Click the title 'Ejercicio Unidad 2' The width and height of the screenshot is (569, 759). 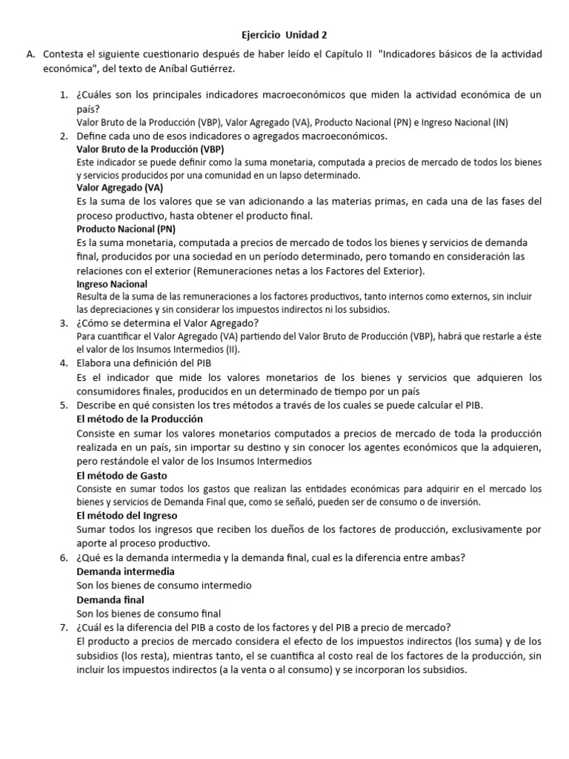(284, 34)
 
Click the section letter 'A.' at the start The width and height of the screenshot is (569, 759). (30, 55)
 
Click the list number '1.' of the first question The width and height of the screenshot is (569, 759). (63, 95)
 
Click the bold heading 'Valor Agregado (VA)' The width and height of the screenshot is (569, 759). (119, 188)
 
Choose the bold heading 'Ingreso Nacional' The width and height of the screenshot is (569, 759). (112, 284)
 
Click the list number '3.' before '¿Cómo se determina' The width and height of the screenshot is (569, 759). (63, 322)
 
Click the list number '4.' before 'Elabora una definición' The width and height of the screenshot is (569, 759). (63, 364)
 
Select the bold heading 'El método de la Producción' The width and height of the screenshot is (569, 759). (140, 419)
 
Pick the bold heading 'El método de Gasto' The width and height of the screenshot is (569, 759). (122, 475)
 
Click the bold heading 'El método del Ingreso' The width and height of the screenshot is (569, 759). (127, 515)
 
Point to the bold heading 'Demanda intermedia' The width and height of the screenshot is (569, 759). (126, 571)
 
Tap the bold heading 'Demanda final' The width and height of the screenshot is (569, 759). (110, 599)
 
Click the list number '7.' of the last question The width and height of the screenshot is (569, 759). (63, 627)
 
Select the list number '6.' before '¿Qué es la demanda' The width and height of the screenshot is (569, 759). (63, 557)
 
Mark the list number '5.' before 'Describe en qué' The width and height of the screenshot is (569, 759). (63, 405)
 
